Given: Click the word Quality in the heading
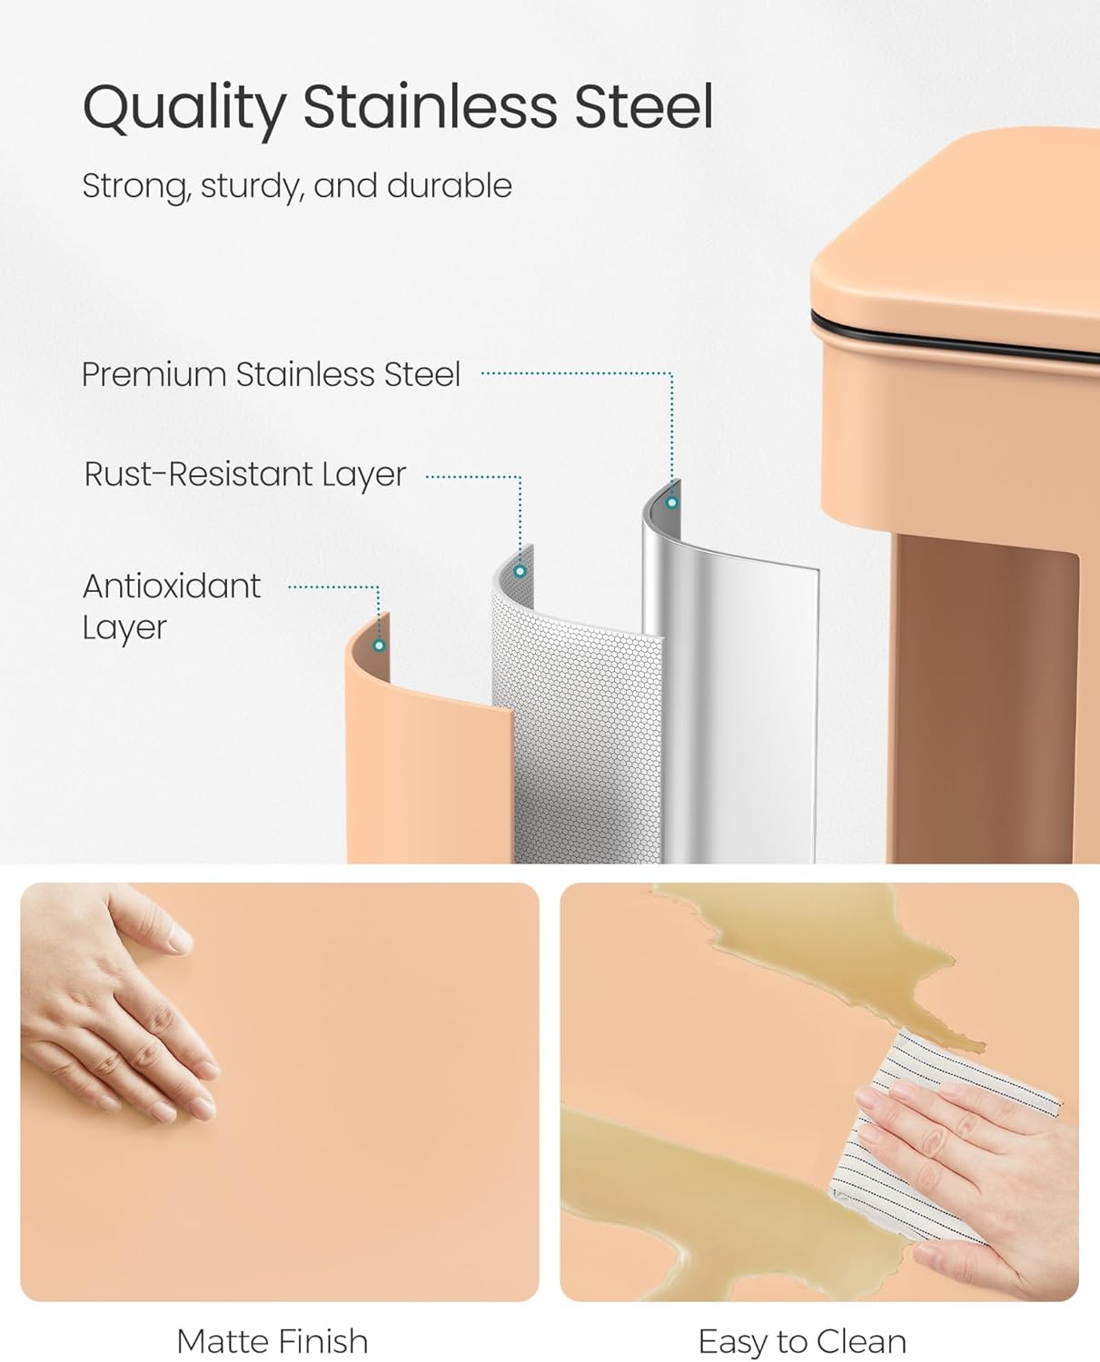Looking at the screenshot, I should point(183,107).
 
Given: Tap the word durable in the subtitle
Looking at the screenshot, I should point(449,186).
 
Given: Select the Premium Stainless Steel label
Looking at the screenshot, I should point(271,374).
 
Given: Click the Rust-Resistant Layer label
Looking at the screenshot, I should point(244,474).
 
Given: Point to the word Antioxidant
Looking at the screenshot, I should point(172,587).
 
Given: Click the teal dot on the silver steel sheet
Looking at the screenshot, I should point(672,502).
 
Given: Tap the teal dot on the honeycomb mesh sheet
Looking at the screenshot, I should point(520,571).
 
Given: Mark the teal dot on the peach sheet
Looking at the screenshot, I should point(379,646).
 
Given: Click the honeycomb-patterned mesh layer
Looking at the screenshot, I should point(581,726).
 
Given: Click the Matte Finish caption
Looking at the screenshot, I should point(273,1341).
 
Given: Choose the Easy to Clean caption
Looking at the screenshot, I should point(802,1341).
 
